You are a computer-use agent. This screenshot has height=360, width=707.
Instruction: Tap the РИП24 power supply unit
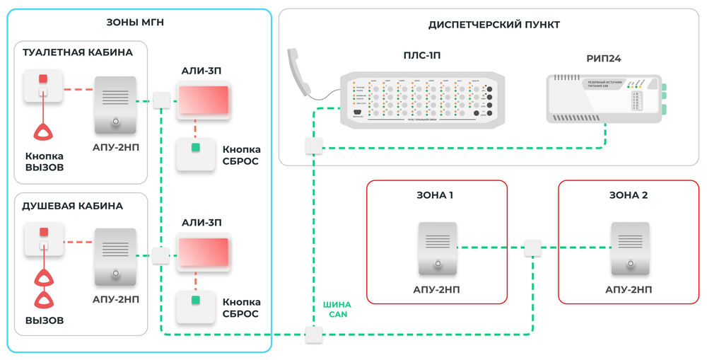[x=604, y=98]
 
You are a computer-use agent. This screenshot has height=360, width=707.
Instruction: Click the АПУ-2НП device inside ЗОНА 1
[x=438, y=248]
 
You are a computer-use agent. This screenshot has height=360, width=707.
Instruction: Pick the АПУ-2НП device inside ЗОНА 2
[x=630, y=248]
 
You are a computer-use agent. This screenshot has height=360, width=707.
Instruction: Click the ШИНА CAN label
[x=338, y=309]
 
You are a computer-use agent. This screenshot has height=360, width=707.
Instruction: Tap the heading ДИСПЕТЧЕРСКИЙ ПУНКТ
[x=493, y=25]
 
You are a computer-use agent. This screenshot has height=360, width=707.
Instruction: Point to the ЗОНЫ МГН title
[x=135, y=23]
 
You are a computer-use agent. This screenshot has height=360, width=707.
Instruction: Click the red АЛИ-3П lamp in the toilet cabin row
[x=204, y=100]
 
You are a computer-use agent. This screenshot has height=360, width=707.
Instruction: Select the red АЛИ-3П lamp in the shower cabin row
[x=204, y=252]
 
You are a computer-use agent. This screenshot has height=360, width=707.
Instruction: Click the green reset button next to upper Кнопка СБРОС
[x=196, y=148]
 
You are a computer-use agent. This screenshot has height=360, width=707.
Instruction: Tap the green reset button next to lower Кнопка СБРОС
[x=196, y=301]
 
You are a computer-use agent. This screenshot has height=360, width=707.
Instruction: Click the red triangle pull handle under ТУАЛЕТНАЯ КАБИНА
[x=44, y=132]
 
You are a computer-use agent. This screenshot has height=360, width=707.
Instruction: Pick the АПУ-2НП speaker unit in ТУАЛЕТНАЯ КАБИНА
[x=115, y=105]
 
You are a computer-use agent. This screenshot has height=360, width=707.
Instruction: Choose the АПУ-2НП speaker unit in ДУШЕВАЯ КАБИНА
[x=115, y=257]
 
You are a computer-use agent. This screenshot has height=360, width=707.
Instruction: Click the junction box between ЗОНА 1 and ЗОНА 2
[x=532, y=248]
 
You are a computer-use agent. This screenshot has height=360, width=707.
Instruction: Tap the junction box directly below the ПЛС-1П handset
[x=314, y=146]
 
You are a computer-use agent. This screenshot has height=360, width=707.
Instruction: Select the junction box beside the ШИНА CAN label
[x=314, y=334]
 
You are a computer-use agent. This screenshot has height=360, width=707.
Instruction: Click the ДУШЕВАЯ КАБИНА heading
[x=73, y=207]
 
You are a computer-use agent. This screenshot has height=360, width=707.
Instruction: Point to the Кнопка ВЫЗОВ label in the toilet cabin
[x=45, y=162]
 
